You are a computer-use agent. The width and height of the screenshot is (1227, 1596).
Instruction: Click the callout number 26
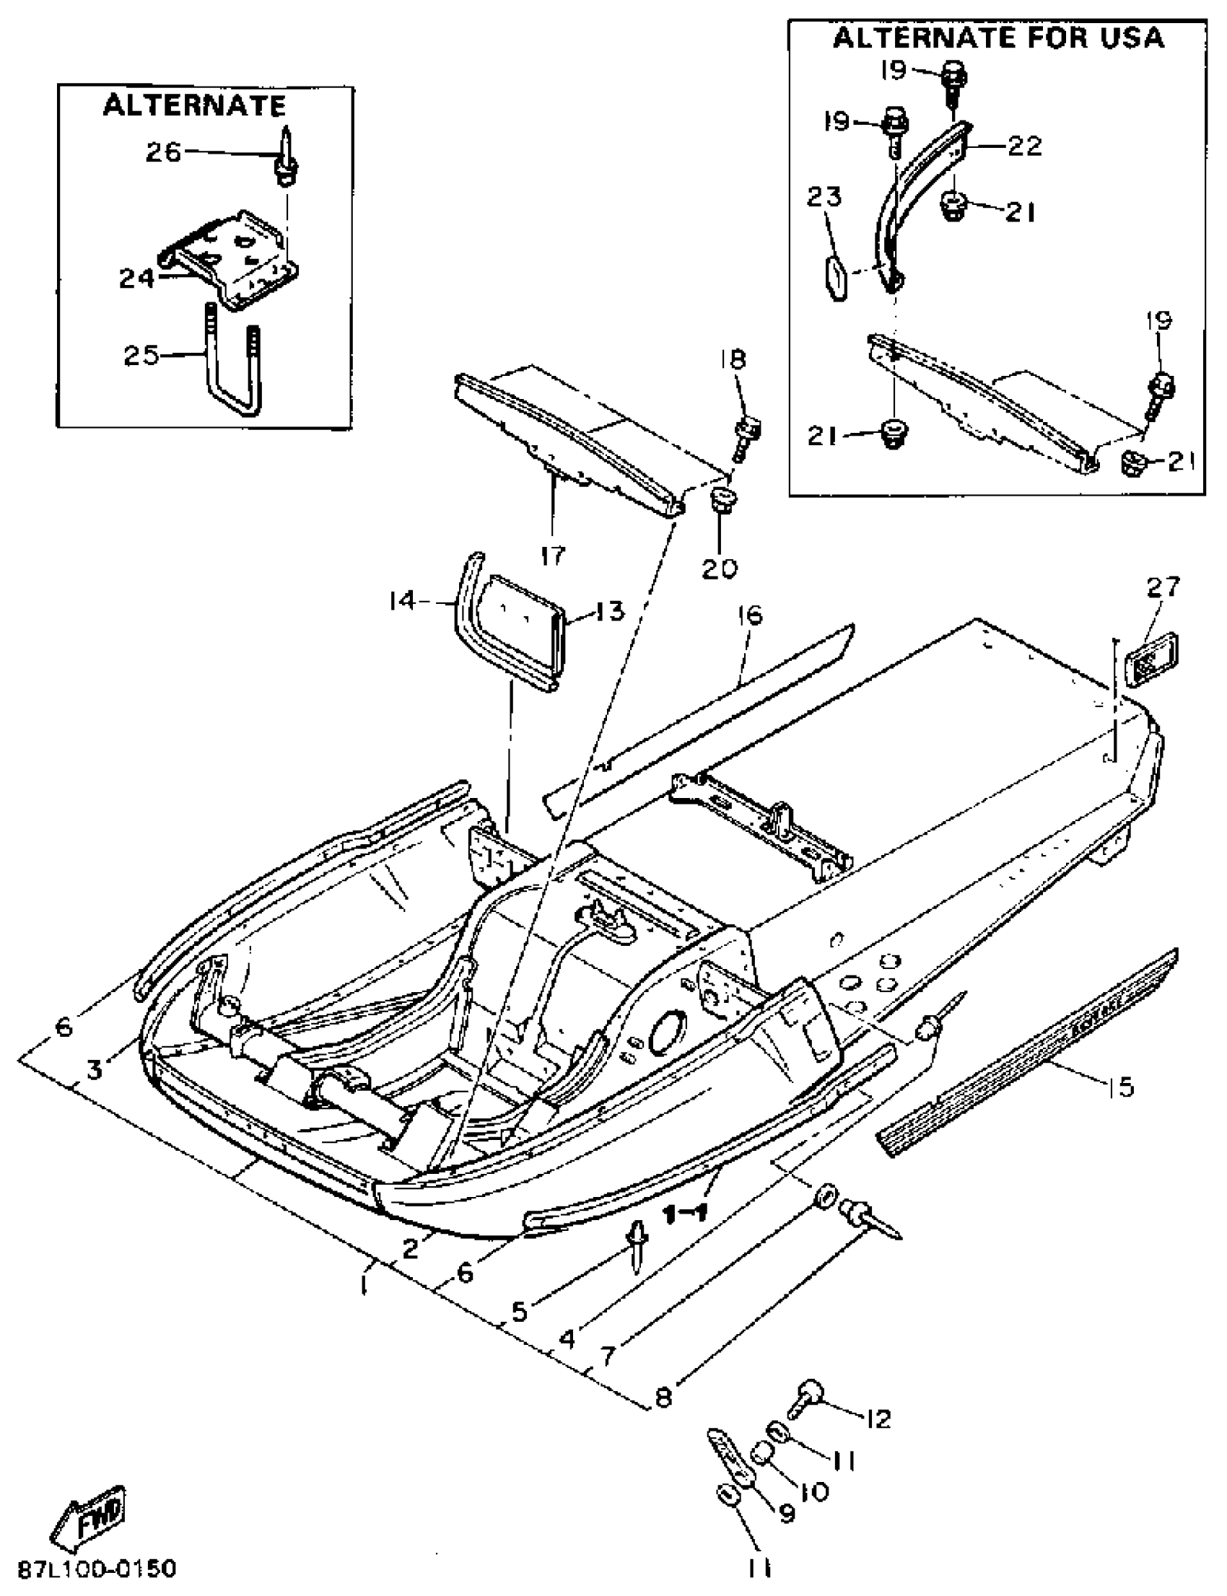tap(163, 152)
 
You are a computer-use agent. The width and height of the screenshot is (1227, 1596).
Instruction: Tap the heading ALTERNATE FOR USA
tap(997, 38)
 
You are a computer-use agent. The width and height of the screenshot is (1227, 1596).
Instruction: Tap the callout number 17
tap(553, 556)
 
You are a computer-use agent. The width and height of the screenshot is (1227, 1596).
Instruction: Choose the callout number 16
tap(750, 615)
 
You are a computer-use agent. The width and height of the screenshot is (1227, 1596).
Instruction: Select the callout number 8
tap(663, 1398)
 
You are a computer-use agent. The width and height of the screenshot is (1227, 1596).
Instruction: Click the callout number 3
tap(95, 1070)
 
